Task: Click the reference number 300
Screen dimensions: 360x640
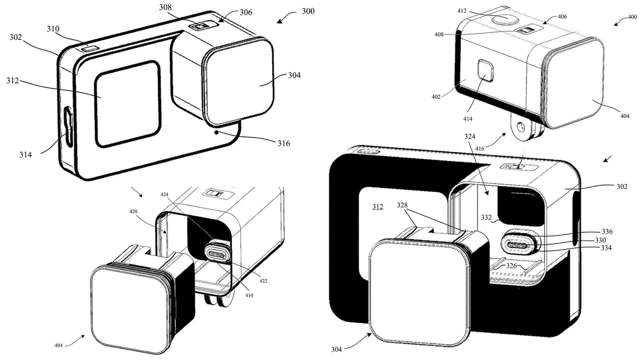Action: (308, 11)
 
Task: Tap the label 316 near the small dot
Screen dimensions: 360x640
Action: (284, 143)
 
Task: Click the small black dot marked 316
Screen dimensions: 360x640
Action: (217, 132)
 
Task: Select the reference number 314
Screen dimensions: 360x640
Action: (25, 155)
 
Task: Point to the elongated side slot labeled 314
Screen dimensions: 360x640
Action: (68, 127)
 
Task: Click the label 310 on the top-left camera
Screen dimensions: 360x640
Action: (53, 29)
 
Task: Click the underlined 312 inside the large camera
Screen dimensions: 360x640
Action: (377, 207)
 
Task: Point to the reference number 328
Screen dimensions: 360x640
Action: (402, 205)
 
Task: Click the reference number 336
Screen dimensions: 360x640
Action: (607, 231)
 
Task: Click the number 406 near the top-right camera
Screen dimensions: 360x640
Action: (562, 17)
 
